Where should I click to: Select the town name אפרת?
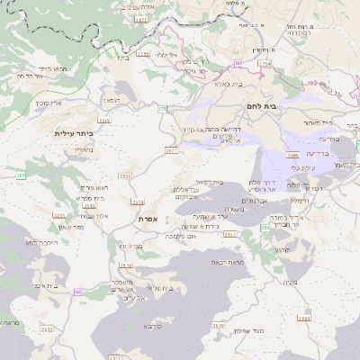[x=148, y=219]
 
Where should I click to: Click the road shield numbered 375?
[x=163, y=109]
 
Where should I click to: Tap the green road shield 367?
[x=20, y=175]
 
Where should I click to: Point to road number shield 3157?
[x=230, y=234]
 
